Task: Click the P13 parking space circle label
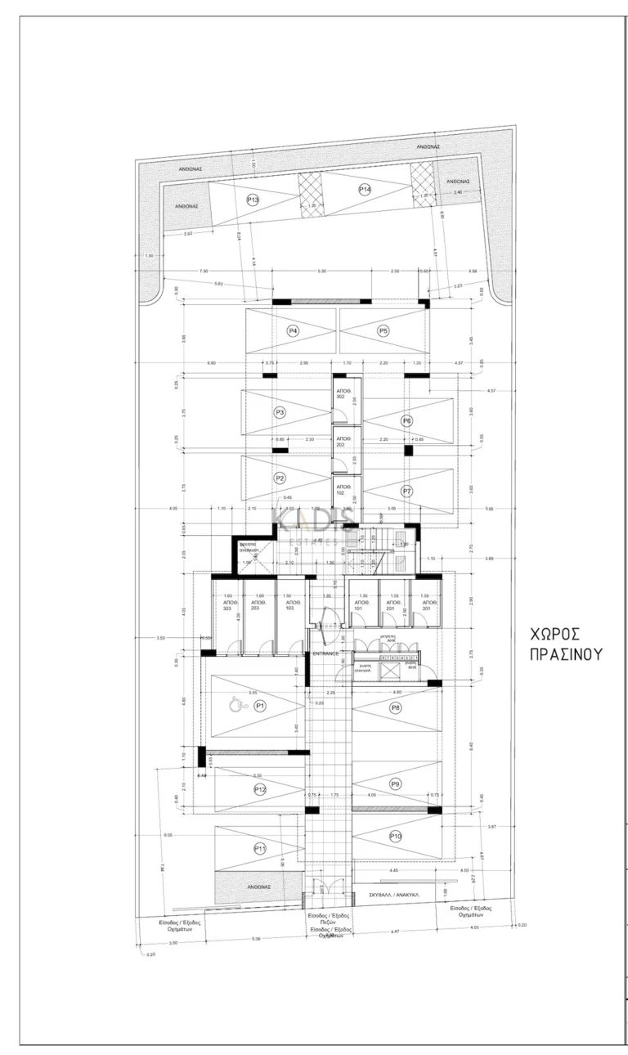point(253,200)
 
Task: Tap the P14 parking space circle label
point(365,189)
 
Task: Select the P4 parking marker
point(293,331)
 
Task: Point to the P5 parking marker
point(383,331)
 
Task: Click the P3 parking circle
point(280,413)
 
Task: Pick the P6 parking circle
point(406,420)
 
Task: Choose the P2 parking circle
point(280,478)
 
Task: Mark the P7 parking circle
point(406,491)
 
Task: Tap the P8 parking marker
point(396,707)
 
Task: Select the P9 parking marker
point(396,783)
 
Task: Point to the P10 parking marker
point(396,836)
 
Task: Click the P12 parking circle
point(260,789)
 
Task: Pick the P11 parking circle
point(260,848)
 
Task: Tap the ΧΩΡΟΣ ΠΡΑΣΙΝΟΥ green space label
point(554,644)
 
